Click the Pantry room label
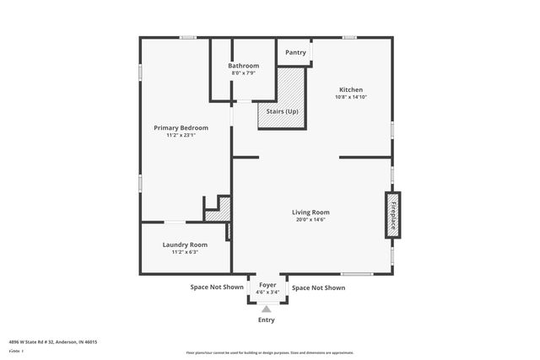[295, 52]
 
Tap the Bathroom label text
[244, 66]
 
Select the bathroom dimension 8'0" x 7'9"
[244, 73]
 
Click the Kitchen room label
[351, 89]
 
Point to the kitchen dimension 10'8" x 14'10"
[351, 97]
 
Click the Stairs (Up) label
[282, 110]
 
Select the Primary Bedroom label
[181, 127]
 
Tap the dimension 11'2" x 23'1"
[181, 135]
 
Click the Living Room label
[310, 212]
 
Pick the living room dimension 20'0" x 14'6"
[310, 220]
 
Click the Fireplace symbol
[392, 215]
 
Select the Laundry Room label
[185, 244]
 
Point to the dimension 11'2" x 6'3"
[185, 252]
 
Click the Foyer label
[267, 286]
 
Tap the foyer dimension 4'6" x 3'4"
[267, 293]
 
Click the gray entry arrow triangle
[267, 309]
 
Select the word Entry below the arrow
[267, 320]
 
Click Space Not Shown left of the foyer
[217, 287]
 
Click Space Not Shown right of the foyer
[318, 287]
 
